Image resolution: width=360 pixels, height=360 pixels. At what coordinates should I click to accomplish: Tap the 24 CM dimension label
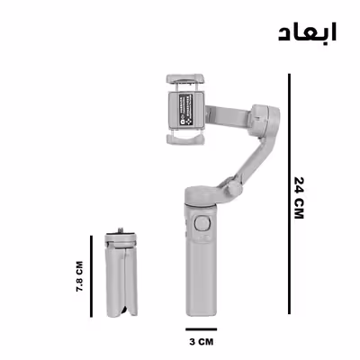(x=300, y=196)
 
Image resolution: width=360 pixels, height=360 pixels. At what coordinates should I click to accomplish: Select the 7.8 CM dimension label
(x=79, y=277)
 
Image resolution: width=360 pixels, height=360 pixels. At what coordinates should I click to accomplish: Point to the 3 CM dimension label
(x=202, y=343)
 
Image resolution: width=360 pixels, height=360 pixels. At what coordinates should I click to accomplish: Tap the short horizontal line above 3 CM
(x=202, y=328)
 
